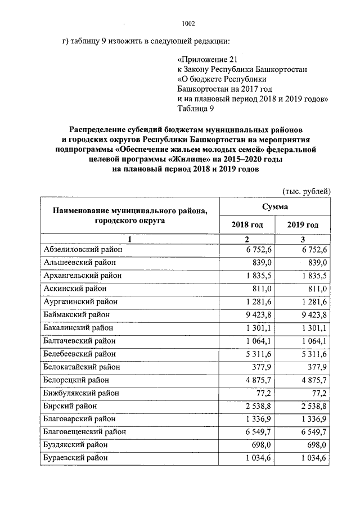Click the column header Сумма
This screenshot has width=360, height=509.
coord(274,207)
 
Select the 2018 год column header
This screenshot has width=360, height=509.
coord(247,225)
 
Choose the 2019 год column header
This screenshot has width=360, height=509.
coord(303,225)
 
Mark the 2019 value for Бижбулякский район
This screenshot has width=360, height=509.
coord(319,393)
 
